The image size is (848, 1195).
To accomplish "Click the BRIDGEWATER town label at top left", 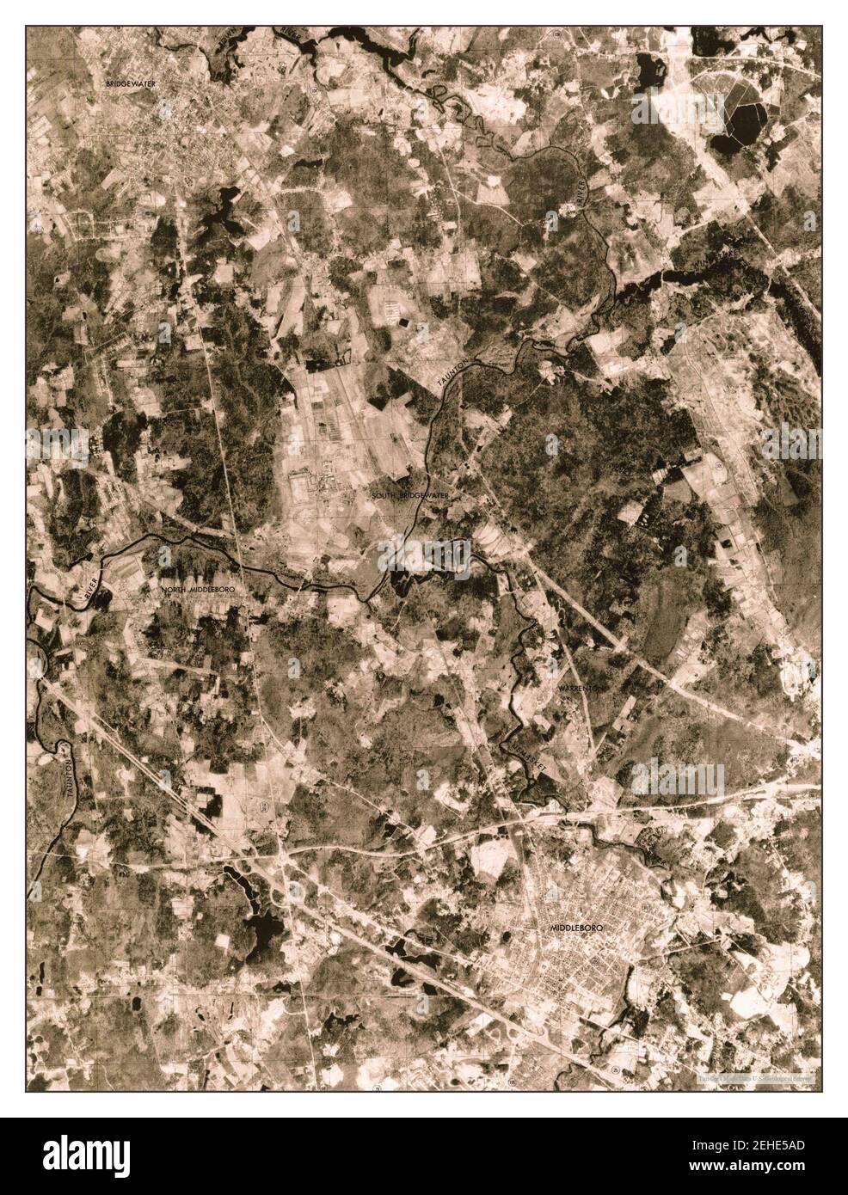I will point(130,83).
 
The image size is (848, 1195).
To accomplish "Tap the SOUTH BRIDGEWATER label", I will point(410,496).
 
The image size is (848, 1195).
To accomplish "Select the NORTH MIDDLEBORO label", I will point(198,590).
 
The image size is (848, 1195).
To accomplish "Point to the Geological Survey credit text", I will point(757,1075).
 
